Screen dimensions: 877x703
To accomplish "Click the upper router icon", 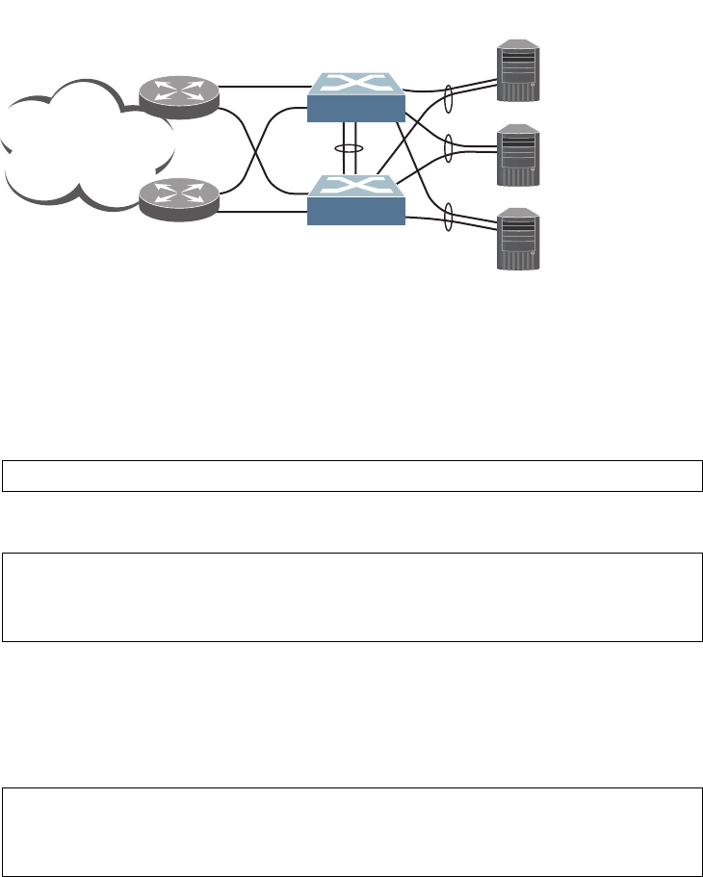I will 179,93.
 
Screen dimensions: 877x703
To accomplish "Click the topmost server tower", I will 518,69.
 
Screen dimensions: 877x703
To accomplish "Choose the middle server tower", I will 518,154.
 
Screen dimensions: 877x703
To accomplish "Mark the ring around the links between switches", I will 348,149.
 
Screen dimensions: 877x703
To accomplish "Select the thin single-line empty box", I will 351,477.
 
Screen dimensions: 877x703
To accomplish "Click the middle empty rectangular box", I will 351,597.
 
